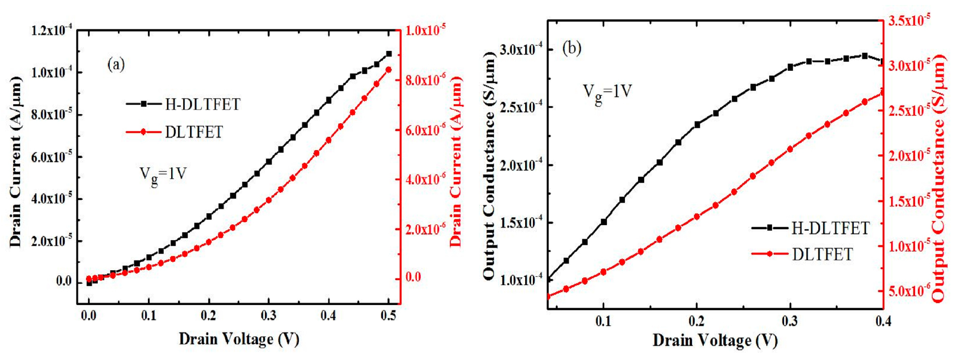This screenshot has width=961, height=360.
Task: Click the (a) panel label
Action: (x=116, y=65)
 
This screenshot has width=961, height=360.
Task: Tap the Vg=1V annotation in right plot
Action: (x=608, y=92)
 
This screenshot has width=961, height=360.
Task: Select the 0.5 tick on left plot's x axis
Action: (x=388, y=316)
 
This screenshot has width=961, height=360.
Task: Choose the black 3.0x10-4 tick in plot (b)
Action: (x=520, y=49)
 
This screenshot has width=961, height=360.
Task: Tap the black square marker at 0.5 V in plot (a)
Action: (x=389, y=54)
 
